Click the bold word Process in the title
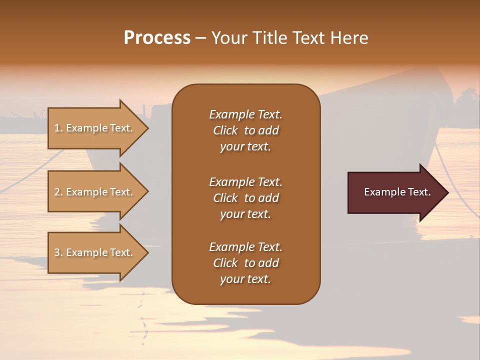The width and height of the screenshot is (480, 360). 157,38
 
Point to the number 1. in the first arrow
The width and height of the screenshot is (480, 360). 58,128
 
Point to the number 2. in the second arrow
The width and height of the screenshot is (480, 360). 58,192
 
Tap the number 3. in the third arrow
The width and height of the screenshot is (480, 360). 58,252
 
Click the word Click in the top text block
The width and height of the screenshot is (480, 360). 225,130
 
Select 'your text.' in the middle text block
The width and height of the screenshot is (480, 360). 245,214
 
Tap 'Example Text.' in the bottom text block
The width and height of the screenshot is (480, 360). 245,247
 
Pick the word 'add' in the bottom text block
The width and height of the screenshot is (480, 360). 269,263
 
